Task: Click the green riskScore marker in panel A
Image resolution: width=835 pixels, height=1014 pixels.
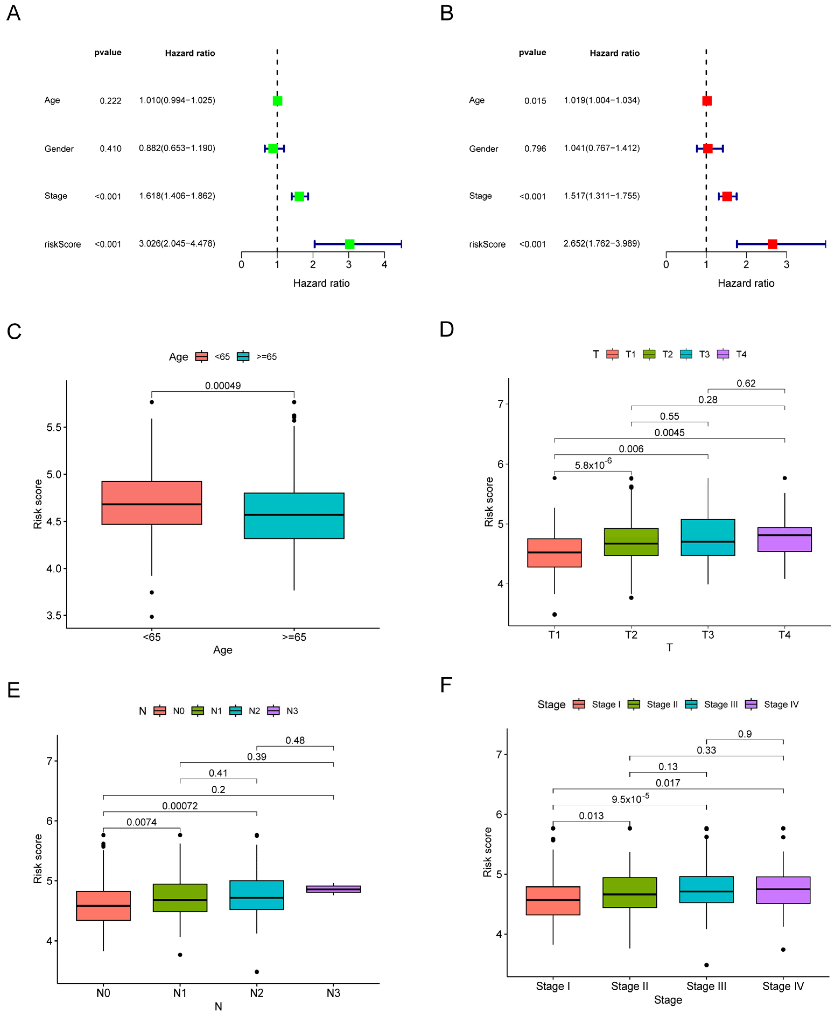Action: (350, 244)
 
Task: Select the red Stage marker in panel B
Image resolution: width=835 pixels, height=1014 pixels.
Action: (727, 196)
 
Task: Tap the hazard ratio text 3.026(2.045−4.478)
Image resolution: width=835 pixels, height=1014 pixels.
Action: (177, 244)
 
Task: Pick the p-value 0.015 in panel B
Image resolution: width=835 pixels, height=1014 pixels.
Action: (535, 101)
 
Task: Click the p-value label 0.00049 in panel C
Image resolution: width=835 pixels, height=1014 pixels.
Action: (223, 385)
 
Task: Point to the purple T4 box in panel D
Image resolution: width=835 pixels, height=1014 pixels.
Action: (784, 539)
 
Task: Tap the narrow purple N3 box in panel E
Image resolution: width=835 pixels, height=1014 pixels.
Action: (333, 889)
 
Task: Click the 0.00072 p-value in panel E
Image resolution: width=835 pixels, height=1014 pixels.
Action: (180, 806)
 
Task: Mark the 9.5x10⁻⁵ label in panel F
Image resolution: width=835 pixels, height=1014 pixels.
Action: (630, 799)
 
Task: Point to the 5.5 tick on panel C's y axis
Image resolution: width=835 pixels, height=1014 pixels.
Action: (54, 427)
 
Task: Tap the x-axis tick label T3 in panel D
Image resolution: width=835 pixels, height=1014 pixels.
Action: (707, 635)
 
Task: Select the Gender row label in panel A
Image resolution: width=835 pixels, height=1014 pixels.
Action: (59, 149)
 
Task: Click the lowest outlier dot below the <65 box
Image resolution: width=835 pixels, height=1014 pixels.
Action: (151, 616)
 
